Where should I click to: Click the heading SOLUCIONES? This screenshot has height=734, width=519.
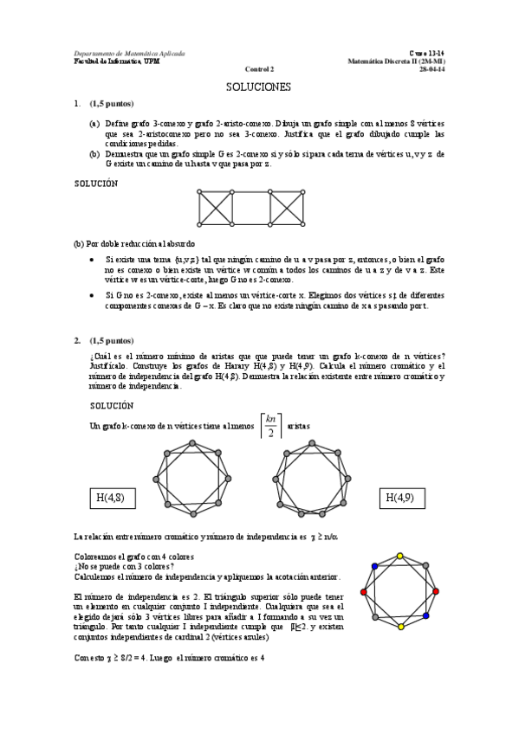point(258,87)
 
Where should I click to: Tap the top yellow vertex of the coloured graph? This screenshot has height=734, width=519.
point(399,556)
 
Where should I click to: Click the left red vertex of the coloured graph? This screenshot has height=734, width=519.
point(364,592)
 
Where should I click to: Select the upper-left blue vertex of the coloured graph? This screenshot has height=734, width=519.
point(374,566)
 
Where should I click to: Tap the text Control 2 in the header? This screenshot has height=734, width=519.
point(258,68)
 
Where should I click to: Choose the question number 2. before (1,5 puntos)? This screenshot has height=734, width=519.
point(77,340)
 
